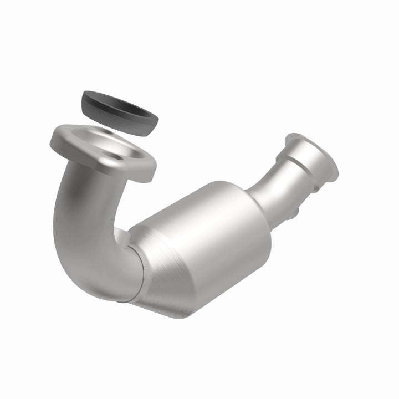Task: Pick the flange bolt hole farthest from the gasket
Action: click(x=117, y=158)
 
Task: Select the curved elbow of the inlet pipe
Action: click(x=83, y=244)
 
